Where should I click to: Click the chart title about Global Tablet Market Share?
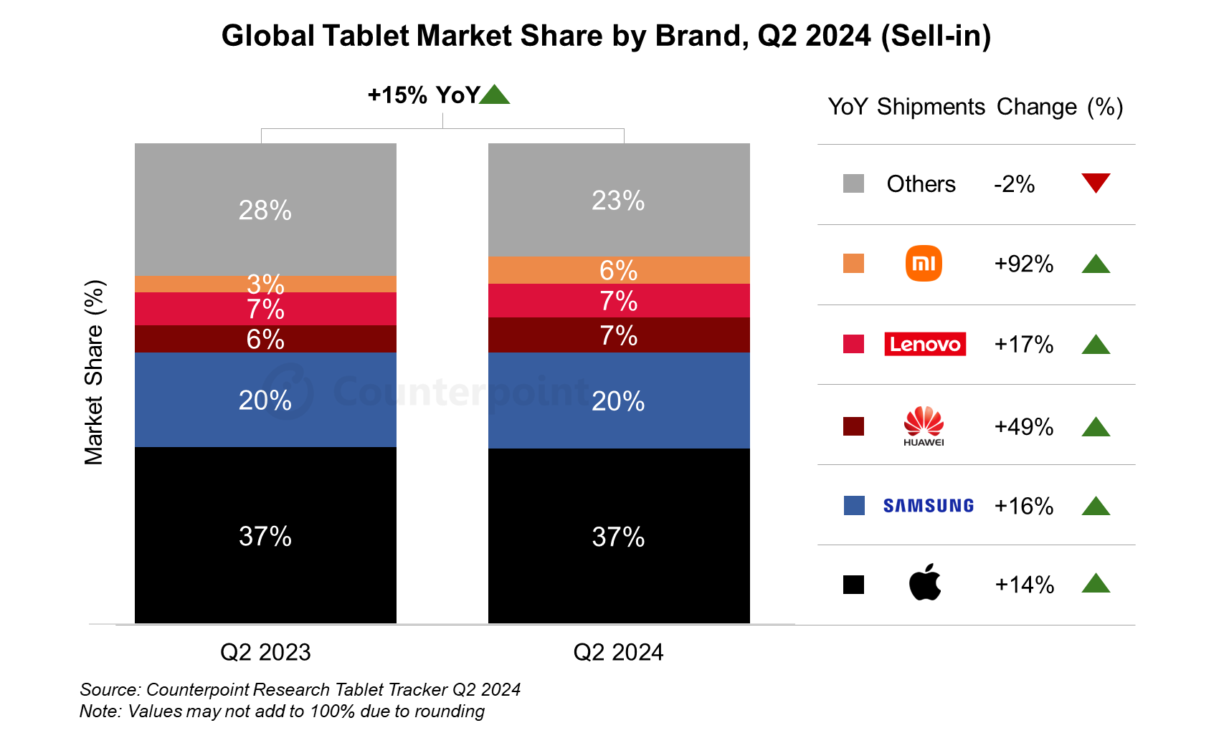(606, 36)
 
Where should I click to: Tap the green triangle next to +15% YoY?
(494, 95)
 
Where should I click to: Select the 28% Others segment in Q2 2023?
(265, 209)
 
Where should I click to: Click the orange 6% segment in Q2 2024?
(619, 269)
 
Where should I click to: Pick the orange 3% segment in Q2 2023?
(265, 284)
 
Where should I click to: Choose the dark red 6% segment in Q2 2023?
(265, 339)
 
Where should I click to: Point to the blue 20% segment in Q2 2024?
(619, 401)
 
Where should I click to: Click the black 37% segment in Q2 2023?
(265, 535)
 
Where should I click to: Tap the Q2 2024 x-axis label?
(618, 652)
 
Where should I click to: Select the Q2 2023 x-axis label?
(265, 652)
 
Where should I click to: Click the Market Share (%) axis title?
(94, 373)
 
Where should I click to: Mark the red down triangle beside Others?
(1096, 183)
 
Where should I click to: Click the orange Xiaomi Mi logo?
(924, 264)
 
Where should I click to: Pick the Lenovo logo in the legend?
(924, 344)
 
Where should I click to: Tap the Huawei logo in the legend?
(924, 426)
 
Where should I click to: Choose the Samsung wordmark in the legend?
(928, 506)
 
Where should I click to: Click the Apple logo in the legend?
(924, 583)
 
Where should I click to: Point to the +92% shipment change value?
(1023, 264)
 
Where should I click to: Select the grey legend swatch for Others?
(853, 183)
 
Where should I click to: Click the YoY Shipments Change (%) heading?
(975, 107)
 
